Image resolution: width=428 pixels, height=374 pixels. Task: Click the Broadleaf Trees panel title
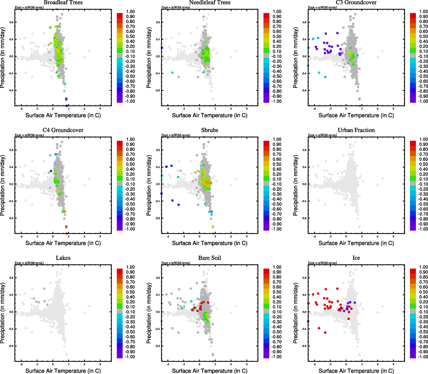63,2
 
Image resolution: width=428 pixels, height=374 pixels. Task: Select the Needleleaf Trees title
209,2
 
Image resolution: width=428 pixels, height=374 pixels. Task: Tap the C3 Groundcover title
356,2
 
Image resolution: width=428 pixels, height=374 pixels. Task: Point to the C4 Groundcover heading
63,130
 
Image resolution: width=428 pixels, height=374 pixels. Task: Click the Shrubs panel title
209,130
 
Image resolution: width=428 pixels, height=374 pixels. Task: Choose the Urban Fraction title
356,130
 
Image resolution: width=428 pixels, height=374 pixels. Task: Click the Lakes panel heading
63,258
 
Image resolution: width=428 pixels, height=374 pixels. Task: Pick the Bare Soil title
209,258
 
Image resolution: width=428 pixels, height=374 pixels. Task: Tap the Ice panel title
356,258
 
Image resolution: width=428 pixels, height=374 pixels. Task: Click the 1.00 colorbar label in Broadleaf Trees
130,12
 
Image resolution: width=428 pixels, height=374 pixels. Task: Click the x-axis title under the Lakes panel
63,371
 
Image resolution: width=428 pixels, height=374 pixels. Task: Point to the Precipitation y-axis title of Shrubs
149,185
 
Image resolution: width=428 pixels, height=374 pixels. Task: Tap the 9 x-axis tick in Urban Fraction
393,236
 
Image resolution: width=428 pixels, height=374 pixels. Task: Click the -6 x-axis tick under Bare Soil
168,364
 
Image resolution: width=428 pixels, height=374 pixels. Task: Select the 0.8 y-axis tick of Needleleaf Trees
158,22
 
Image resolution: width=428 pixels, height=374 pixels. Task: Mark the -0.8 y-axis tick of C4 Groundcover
11,218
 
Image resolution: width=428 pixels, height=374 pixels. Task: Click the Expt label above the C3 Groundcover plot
322,7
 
